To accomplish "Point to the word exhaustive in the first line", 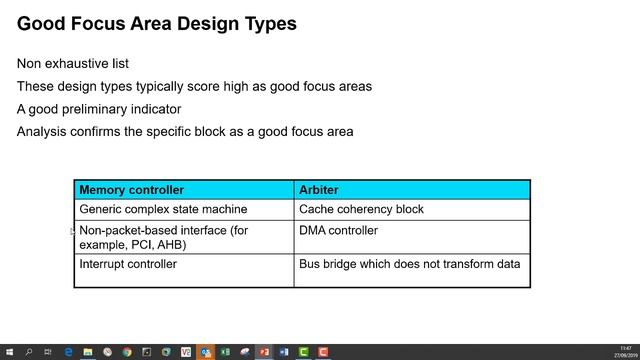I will (x=88, y=63).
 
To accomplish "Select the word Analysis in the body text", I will (x=44, y=131).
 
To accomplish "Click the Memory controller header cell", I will (x=131, y=189).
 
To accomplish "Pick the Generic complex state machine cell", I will (x=163, y=209).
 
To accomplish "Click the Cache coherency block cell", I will (x=361, y=209).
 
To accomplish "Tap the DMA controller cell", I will (x=338, y=230).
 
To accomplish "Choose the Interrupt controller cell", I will (x=128, y=264).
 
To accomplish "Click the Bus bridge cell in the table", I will (x=409, y=264).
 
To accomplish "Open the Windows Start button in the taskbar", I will (x=8, y=352).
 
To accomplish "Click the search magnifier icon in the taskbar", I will (x=28, y=352).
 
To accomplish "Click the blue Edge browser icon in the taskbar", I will (x=68, y=352).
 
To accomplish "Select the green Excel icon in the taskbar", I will (x=225, y=352).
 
